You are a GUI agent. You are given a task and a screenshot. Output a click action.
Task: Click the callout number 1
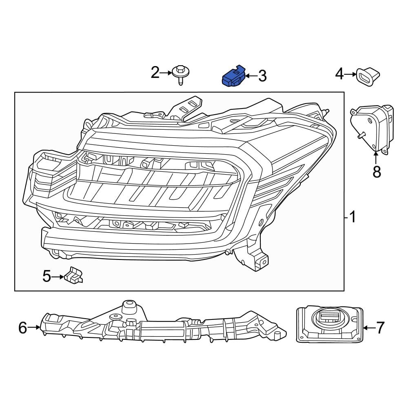[x=352, y=217]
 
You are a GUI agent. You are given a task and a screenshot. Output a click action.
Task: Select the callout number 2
[x=155, y=73]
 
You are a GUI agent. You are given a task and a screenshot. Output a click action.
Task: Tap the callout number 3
[x=262, y=75]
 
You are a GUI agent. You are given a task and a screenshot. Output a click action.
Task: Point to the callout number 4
[x=339, y=74]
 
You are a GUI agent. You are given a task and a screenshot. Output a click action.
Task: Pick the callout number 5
[x=47, y=277]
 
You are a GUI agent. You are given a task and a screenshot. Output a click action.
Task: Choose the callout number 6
[x=22, y=327]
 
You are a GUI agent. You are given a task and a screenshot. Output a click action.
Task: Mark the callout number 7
[x=380, y=327]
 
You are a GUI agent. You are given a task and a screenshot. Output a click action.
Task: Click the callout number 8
[x=377, y=172]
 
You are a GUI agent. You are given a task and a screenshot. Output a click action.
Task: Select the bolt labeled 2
[x=180, y=74]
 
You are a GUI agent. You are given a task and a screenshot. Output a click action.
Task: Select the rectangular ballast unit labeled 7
[x=329, y=324]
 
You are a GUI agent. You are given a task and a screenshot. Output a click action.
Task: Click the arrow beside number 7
[x=368, y=327]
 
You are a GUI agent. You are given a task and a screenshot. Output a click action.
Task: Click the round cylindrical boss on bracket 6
[x=129, y=306]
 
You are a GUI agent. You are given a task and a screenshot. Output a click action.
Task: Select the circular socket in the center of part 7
[x=329, y=317]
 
